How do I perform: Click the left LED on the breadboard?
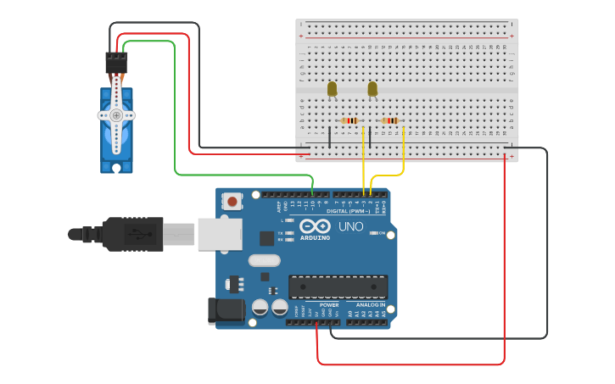pos(332,88)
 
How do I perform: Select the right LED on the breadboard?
pos(372,88)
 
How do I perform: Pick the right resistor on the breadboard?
pos(390,120)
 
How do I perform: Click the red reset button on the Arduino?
pos(231,202)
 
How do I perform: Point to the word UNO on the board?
pos(350,227)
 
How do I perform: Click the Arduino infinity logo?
pos(315,227)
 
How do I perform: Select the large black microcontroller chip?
pos(338,287)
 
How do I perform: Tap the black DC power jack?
pos(226,310)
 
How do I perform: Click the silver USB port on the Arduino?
pos(220,234)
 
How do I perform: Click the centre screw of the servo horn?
pos(116,114)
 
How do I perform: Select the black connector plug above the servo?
pos(116,63)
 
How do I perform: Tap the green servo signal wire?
pos(174,110)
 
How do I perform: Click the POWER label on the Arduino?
pos(329,304)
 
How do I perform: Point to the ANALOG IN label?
pos(370,304)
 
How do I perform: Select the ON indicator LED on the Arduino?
pos(372,233)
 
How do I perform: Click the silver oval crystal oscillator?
pos(264,261)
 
